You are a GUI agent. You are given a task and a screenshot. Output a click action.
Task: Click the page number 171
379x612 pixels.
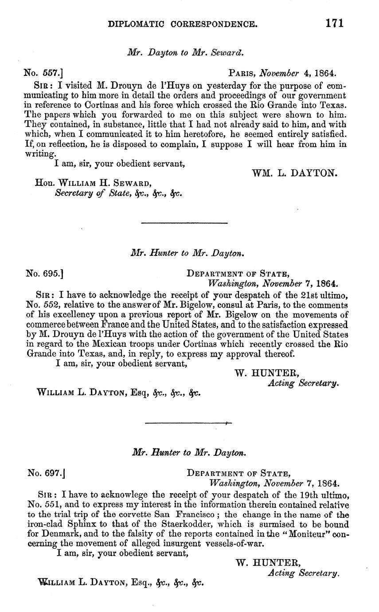tap(334, 24)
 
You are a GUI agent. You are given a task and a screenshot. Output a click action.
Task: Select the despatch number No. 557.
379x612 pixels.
tap(44, 73)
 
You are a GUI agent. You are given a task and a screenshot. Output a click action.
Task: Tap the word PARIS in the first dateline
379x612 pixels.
tap(242, 73)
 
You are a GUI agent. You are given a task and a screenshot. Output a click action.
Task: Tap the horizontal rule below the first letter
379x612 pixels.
tap(184, 223)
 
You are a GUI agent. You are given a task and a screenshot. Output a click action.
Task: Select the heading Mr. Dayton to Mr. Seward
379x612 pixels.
tap(186, 52)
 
